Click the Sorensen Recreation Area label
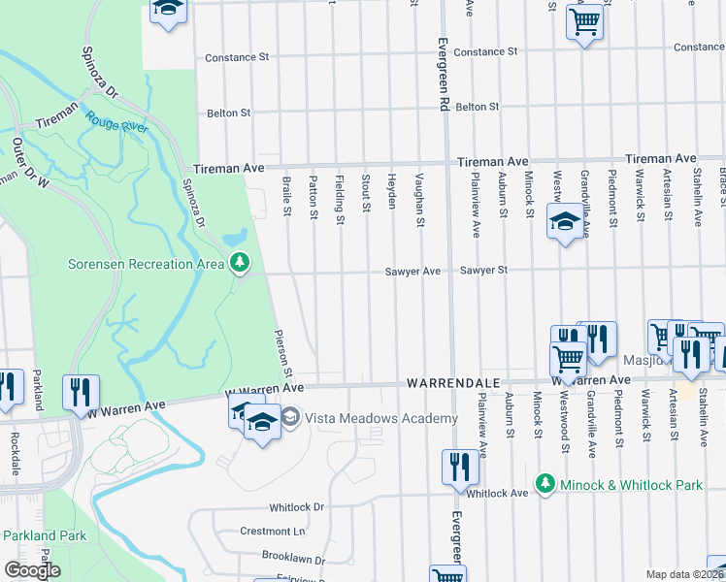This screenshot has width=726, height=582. tap(146, 264)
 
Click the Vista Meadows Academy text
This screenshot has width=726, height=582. tap(380, 418)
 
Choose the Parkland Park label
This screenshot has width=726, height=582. tap(44, 535)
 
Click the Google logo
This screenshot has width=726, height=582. tap(32, 570)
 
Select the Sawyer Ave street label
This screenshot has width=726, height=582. tap(412, 272)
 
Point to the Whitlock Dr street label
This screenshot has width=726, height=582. tap(297, 507)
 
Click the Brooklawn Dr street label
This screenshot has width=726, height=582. tap(292, 556)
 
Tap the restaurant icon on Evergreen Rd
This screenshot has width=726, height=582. tap(459, 468)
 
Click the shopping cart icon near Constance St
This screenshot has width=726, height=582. tap(585, 22)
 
